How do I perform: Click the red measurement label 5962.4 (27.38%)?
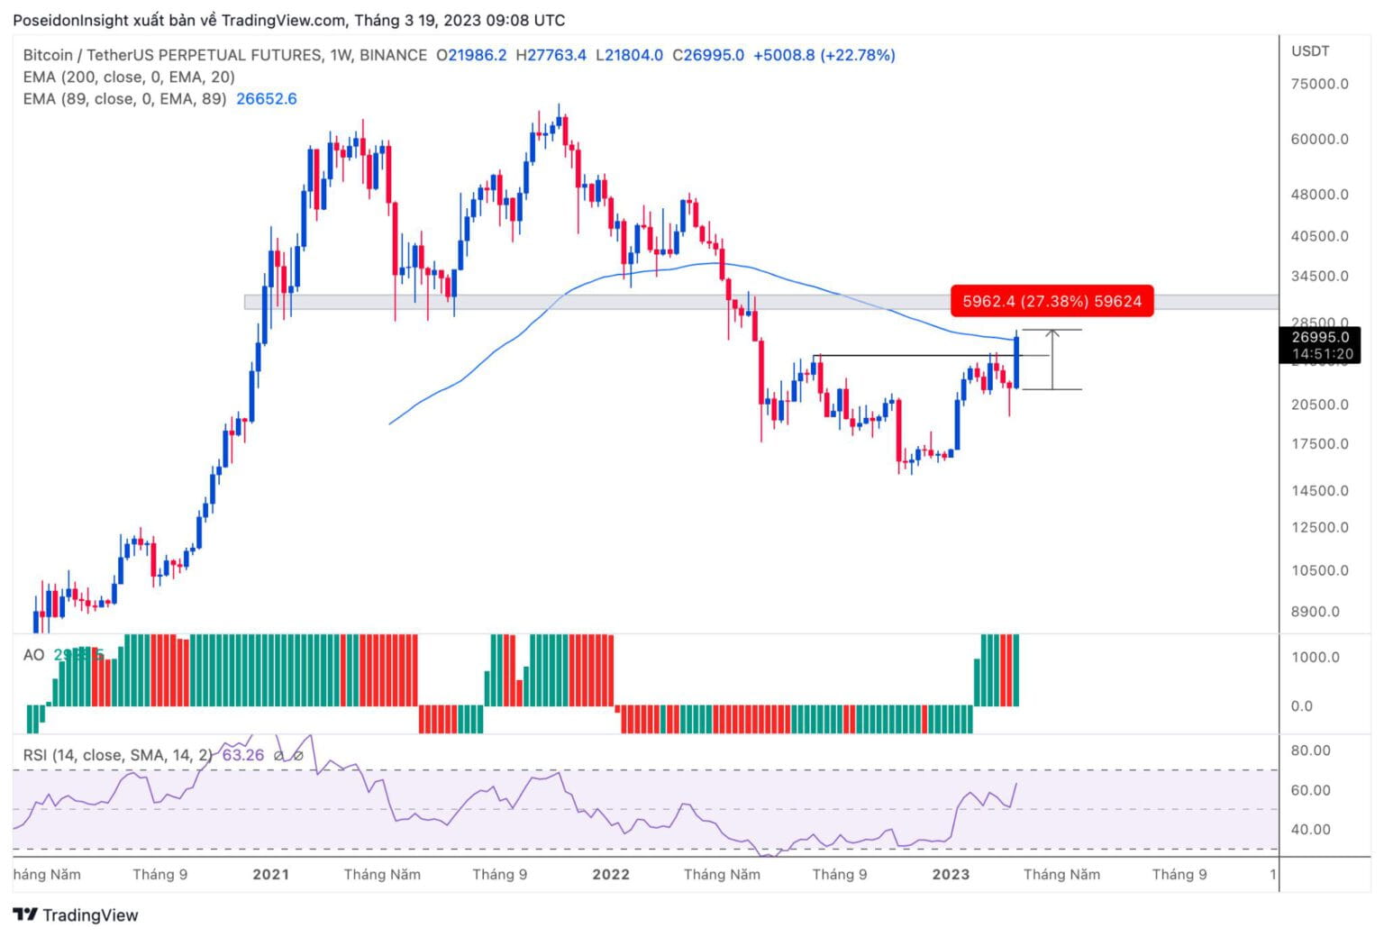point(1052,301)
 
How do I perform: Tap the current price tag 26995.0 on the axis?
point(1319,338)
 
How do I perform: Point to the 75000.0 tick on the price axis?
point(1319,84)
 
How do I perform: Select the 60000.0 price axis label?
point(1319,139)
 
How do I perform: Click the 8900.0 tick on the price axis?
point(1315,612)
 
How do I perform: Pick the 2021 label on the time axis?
point(270,874)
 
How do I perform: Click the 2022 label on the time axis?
point(610,874)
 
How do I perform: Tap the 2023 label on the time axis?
point(951,874)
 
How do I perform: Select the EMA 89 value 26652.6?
point(266,99)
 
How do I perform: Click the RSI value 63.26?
point(242,755)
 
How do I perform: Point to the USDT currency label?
point(1310,51)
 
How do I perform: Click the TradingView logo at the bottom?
point(77,915)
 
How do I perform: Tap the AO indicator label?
point(33,655)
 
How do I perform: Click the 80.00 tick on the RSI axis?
point(1311,751)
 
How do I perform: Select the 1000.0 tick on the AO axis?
point(1316,657)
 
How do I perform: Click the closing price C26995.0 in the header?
point(708,55)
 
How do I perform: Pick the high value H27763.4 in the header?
point(551,55)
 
